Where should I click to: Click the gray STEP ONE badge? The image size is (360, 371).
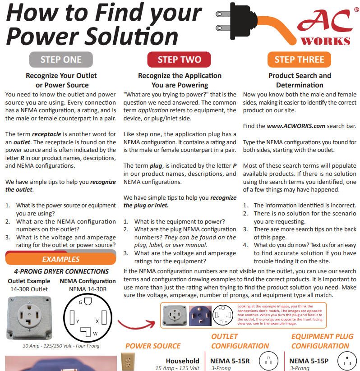click(61, 60)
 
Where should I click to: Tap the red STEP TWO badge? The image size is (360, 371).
click(180, 60)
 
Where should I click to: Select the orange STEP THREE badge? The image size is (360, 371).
click(299, 60)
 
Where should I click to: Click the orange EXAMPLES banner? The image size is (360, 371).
click(60, 259)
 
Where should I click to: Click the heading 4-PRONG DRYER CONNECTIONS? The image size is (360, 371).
click(61, 271)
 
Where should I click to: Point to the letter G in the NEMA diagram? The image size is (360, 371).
click(80, 301)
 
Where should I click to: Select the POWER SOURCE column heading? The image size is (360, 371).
click(153, 346)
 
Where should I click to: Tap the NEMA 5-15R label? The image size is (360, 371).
click(230, 361)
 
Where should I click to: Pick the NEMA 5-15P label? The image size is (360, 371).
click(309, 361)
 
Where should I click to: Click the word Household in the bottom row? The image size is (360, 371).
click(182, 361)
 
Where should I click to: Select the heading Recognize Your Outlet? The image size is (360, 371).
click(61, 76)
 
